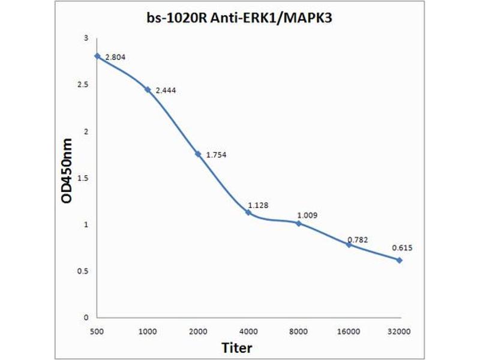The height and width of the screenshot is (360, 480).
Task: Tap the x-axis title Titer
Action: tap(236, 347)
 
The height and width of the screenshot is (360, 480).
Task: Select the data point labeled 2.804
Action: tap(97, 56)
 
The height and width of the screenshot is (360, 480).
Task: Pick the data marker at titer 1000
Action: tap(147, 89)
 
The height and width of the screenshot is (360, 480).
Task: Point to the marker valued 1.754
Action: tap(197, 154)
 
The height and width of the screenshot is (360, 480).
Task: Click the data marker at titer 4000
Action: tap(248, 212)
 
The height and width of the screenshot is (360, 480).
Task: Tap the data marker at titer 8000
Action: tap(298, 223)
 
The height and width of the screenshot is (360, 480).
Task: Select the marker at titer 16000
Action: tap(349, 244)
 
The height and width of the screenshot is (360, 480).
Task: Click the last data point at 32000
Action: tap(399, 260)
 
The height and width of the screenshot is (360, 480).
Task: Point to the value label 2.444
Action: tap(166, 90)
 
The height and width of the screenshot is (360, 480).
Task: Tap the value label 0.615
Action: tap(402, 247)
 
